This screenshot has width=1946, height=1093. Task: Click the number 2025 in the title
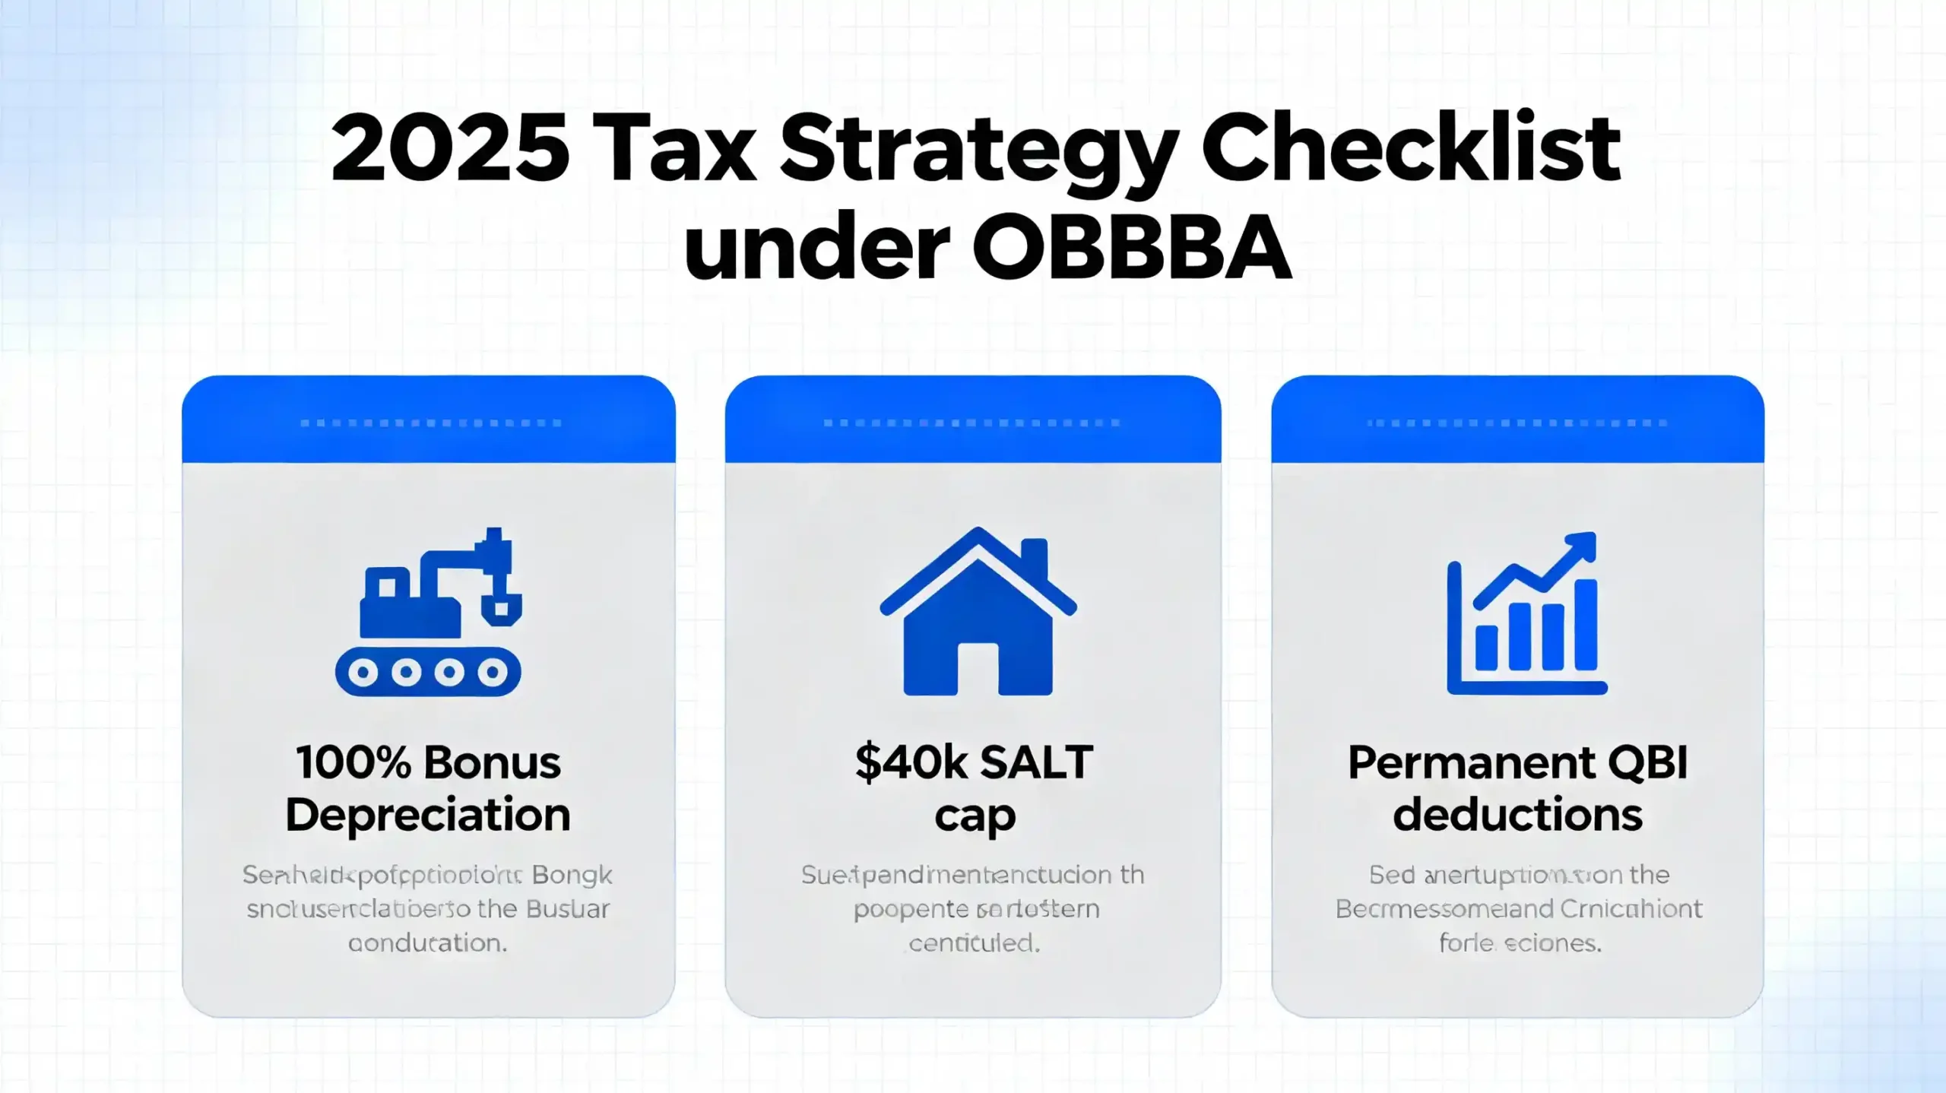point(450,147)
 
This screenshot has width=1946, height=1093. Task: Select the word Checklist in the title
point(1411,147)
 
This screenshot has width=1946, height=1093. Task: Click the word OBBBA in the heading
point(1132,248)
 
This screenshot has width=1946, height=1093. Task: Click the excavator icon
point(429,612)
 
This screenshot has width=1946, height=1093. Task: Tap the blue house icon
point(978,612)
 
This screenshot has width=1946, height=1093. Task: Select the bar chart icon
point(1526,614)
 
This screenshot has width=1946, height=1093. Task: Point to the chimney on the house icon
point(1034,559)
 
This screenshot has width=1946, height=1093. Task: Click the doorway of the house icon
point(978,669)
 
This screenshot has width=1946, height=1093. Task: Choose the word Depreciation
point(428,815)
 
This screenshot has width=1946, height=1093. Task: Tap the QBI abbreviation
point(1655,762)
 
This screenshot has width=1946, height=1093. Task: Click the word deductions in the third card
point(1517,815)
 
